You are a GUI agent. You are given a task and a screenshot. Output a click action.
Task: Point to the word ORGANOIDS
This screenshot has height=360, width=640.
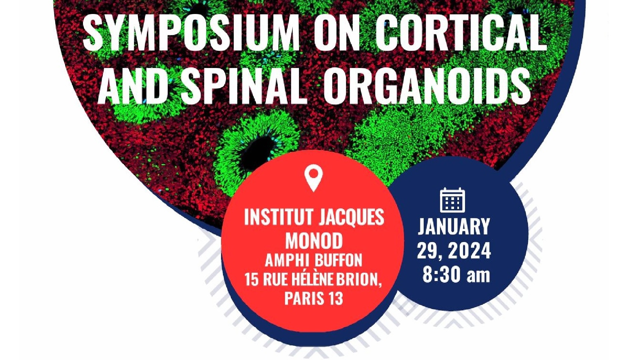tap(427, 86)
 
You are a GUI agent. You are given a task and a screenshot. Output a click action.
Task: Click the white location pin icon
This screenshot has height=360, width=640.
tap(314, 178)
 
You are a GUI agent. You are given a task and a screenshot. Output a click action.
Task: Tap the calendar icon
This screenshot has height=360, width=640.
tap(452, 200)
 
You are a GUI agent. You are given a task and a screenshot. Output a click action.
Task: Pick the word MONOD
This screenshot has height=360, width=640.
tap(314, 241)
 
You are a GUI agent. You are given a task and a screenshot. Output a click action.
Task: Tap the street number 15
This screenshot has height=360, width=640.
tap(252, 279)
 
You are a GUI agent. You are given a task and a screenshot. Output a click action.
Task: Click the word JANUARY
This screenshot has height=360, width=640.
tap(454, 227)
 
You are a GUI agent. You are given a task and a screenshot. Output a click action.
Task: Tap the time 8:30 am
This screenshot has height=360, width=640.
tap(456, 275)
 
